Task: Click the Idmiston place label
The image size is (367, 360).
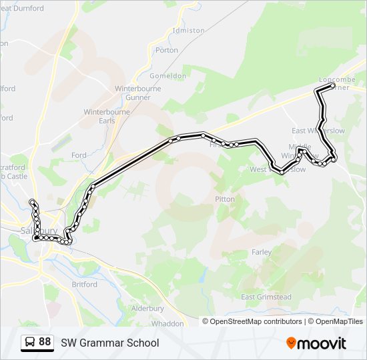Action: tap(188, 31)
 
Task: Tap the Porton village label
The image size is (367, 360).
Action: tap(167, 50)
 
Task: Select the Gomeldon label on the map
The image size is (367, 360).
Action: tap(171, 76)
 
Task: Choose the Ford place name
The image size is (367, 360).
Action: tap(79, 155)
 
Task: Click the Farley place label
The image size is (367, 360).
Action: tap(262, 252)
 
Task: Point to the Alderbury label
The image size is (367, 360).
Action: tap(147, 308)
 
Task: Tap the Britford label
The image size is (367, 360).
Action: tap(84, 284)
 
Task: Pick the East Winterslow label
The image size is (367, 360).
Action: tap(318, 131)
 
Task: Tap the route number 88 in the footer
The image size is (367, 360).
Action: tap(45, 342)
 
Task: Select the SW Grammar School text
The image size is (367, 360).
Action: tap(110, 343)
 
